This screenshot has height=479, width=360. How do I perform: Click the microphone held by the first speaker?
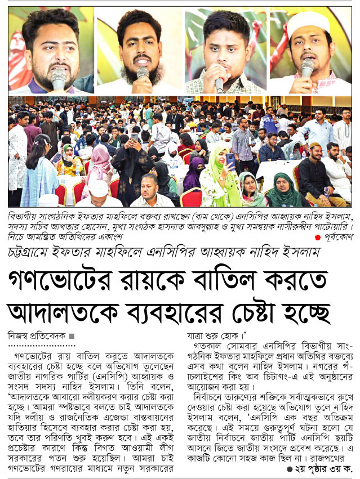(58, 79)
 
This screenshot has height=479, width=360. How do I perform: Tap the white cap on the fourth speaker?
(309, 22)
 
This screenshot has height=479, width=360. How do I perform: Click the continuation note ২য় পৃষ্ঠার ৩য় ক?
(322, 468)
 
